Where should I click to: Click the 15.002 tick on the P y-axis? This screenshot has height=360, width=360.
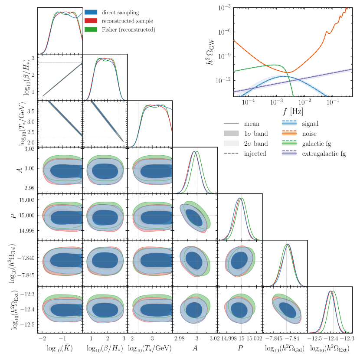tap(26, 200)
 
